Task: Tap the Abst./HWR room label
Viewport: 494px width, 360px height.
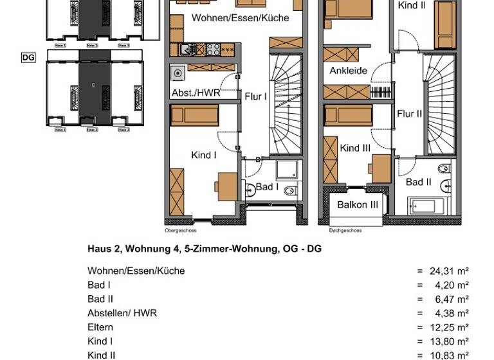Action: (x=196, y=93)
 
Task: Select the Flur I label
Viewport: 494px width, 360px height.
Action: (x=255, y=96)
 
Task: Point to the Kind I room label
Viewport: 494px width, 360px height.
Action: (x=204, y=155)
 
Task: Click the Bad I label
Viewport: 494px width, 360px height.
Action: (x=267, y=187)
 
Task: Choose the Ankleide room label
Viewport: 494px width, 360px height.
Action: (x=349, y=71)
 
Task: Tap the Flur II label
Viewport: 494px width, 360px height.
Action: (x=410, y=114)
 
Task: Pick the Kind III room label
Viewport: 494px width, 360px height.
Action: (x=355, y=148)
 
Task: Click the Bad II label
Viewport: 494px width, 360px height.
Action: (x=418, y=183)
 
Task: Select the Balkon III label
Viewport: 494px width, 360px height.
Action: (x=357, y=205)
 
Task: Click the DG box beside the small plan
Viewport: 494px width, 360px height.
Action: (x=28, y=57)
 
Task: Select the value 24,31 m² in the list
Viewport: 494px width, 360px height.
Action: (x=448, y=271)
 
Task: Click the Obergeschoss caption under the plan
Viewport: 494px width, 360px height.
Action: (x=181, y=230)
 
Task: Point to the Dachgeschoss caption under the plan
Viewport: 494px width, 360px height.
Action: (x=345, y=230)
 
